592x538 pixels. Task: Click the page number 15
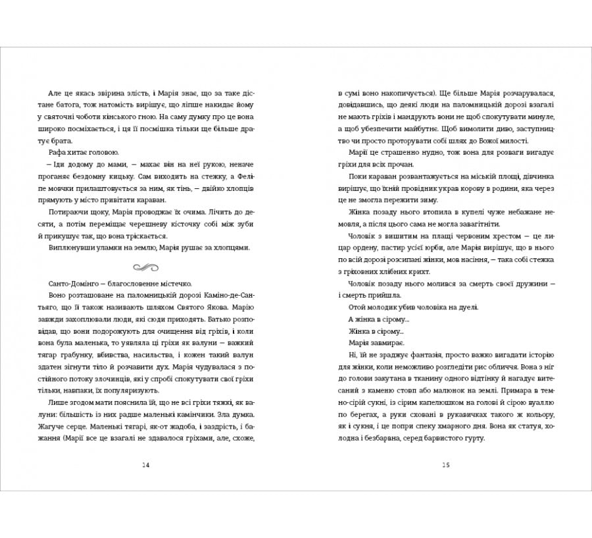click(445, 466)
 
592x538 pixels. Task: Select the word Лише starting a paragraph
click(59, 401)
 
